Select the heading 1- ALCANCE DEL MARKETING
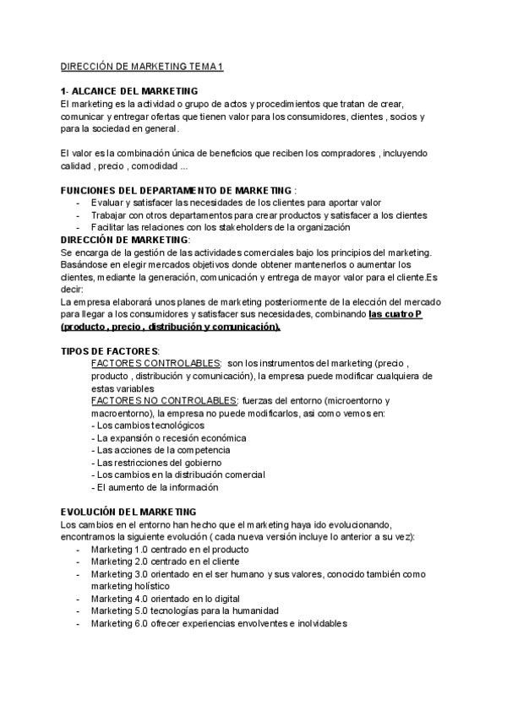coord(130,91)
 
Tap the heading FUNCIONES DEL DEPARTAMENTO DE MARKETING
coord(177,190)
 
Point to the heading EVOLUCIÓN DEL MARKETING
coord(129,512)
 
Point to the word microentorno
coord(338,400)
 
